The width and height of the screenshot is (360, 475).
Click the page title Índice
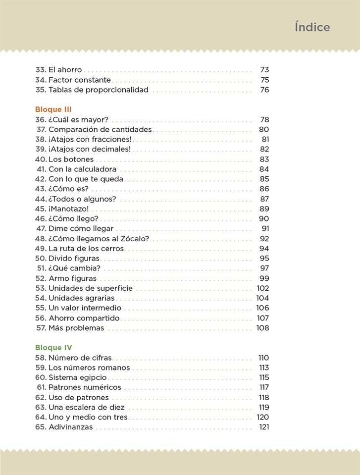click(x=312, y=27)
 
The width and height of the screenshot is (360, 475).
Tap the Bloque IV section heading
click(x=53, y=348)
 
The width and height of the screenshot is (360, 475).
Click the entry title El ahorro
click(x=65, y=70)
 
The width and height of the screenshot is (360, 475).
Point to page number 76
click(x=264, y=90)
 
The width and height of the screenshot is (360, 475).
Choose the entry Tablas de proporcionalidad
click(x=98, y=90)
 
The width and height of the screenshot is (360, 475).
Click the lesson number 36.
click(x=41, y=120)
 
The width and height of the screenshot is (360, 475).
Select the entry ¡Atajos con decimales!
click(x=90, y=149)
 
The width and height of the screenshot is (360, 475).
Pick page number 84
click(x=264, y=169)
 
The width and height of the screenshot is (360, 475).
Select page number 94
click(x=264, y=249)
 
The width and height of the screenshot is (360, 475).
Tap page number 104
click(x=262, y=298)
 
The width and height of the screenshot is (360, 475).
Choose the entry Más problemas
click(x=76, y=328)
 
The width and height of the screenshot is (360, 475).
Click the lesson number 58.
click(x=41, y=358)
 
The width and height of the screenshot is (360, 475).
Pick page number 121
click(x=263, y=427)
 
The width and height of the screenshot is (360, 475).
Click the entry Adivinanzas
click(x=70, y=427)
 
